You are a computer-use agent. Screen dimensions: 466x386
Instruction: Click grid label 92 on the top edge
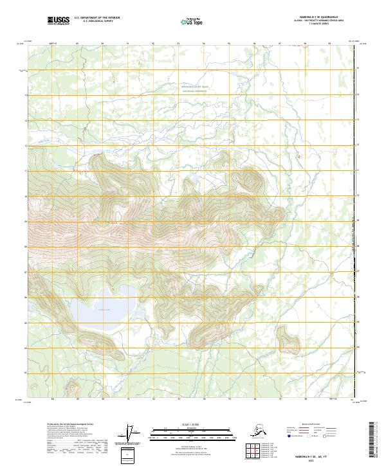point(153,44)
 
